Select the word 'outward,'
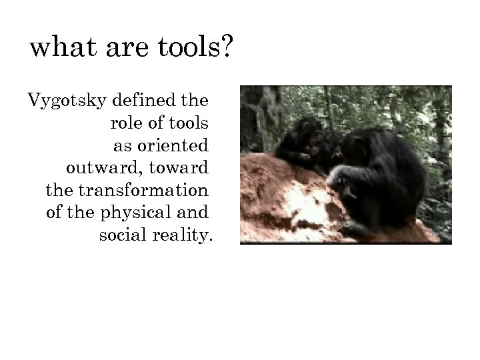[99, 167]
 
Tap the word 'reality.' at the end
[181, 235]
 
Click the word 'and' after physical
[194, 212]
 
